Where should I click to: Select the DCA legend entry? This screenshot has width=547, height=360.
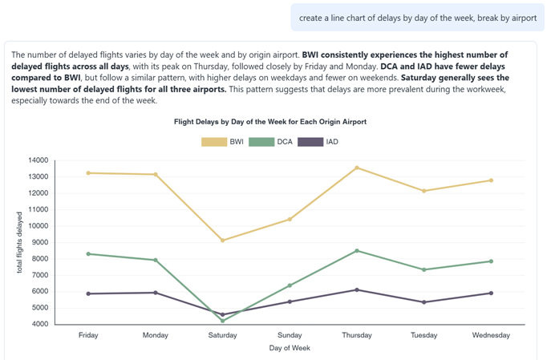pos(272,142)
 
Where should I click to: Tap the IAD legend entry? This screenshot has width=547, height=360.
pos(320,142)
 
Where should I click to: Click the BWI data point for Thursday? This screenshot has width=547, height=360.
pos(357,168)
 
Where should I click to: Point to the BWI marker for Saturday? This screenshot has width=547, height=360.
pos(223,241)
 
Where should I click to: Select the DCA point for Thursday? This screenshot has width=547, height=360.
pos(357,251)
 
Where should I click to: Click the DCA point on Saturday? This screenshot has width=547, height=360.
pos(223,321)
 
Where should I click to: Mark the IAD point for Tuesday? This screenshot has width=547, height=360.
pos(424,302)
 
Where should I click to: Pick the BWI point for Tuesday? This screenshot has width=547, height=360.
pos(424,191)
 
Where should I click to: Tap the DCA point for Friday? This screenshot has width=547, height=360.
pos(88,254)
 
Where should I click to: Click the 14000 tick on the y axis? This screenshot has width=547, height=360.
pos(37,160)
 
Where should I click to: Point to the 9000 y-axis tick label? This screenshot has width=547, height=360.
pos(39,242)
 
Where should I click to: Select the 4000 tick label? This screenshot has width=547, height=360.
pos(39,324)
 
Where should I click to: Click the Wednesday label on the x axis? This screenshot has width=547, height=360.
pos(491,335)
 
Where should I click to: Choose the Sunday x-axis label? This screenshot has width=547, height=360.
pos(290,335)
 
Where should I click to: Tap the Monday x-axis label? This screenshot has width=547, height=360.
pos(156,335)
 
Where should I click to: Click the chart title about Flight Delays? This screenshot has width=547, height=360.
pos(270,122)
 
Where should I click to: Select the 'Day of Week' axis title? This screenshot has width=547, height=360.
pos(290,348)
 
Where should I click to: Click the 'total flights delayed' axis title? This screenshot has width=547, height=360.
pos(20,242)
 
